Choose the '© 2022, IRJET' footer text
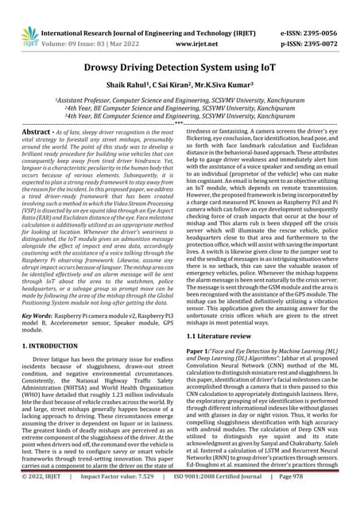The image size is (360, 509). [x=42, y=499]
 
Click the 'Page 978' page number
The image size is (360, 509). [x=317, y=499]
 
